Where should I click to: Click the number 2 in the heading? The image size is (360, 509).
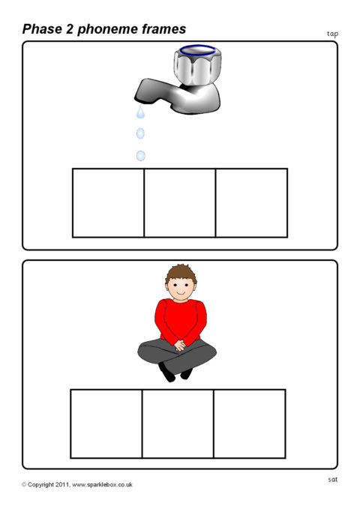(x=70, y=29)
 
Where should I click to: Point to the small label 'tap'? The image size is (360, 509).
(x=332, y=34)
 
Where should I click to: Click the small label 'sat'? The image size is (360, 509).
(x=333, y=479)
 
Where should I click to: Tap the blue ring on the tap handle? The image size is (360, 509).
(x=197, y=49)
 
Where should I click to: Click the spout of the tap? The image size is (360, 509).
(x=149, y=91)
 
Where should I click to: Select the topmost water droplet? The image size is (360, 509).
(x=140, y=112)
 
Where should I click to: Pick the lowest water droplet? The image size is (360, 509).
(x=140, y=156)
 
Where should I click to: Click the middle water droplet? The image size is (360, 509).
(x=140, y=133)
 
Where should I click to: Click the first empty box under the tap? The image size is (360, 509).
(x=108, y=203)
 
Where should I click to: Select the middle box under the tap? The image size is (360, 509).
(x=180, y=203)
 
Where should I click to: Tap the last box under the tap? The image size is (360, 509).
(x=251, y=203)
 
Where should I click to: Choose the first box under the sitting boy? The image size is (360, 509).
(x=106, y=424)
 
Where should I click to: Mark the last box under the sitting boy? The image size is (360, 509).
(x=250, y=424)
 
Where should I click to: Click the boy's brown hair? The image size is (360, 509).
(x=181, y=273)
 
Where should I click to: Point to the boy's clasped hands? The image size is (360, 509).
(x=180, y=346)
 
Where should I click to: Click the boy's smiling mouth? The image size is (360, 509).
(x=181, y=293)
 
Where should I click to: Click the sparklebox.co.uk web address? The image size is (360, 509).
(x=102, y=485)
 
